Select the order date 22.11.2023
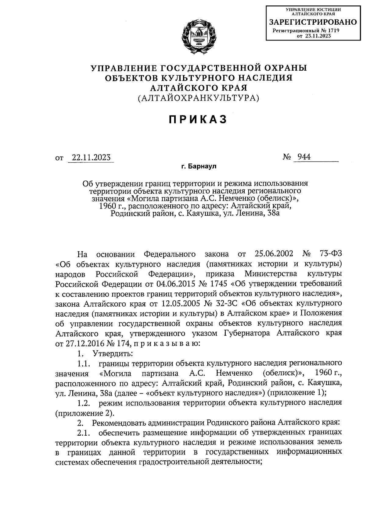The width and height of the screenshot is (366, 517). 91,158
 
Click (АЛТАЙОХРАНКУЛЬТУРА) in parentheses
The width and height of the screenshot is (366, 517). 199,98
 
